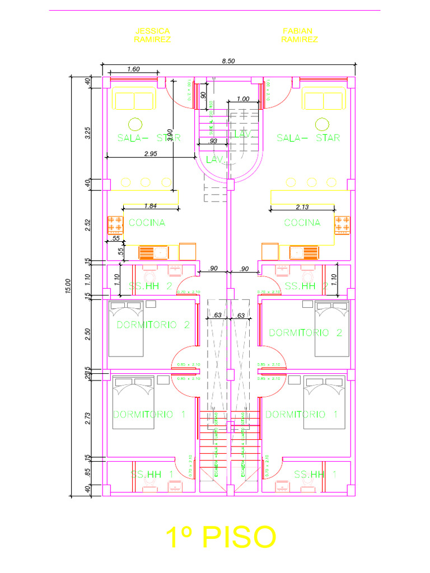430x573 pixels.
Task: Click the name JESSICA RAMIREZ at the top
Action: click(152, 35)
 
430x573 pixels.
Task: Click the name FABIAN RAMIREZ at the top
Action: click(300, 35)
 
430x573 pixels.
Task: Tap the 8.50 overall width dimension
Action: click(228, 61)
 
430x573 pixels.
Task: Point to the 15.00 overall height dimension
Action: click(68, 286)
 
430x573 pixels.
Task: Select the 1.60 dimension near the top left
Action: click(133, 69)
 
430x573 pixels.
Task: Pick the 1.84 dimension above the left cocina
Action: click(151, 205)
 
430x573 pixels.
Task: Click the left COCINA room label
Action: click(147, 223)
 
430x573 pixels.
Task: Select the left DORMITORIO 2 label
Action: click(153, 325)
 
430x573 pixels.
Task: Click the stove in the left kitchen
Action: click(115, 224)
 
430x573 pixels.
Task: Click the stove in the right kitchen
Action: click(342, 224)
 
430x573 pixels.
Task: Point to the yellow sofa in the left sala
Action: click(134, 101)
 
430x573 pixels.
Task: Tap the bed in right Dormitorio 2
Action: click(332, 328)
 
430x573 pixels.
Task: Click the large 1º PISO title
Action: click(221, 538)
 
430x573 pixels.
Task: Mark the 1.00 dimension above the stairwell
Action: click(243, 98)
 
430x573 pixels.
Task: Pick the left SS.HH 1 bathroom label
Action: click(152, 475)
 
